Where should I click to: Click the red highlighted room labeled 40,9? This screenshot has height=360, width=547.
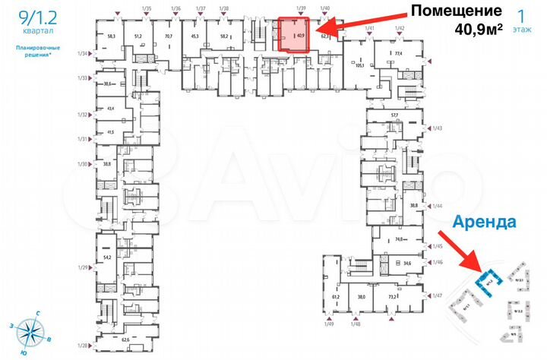294,35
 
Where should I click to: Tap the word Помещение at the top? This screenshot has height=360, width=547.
454,11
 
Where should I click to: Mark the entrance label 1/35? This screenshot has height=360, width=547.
146,8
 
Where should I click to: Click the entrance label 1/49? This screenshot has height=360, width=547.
328,325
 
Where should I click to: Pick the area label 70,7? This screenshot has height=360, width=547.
169,36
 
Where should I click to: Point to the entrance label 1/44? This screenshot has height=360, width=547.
437,206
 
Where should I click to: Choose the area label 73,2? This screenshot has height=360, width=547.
393,297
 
